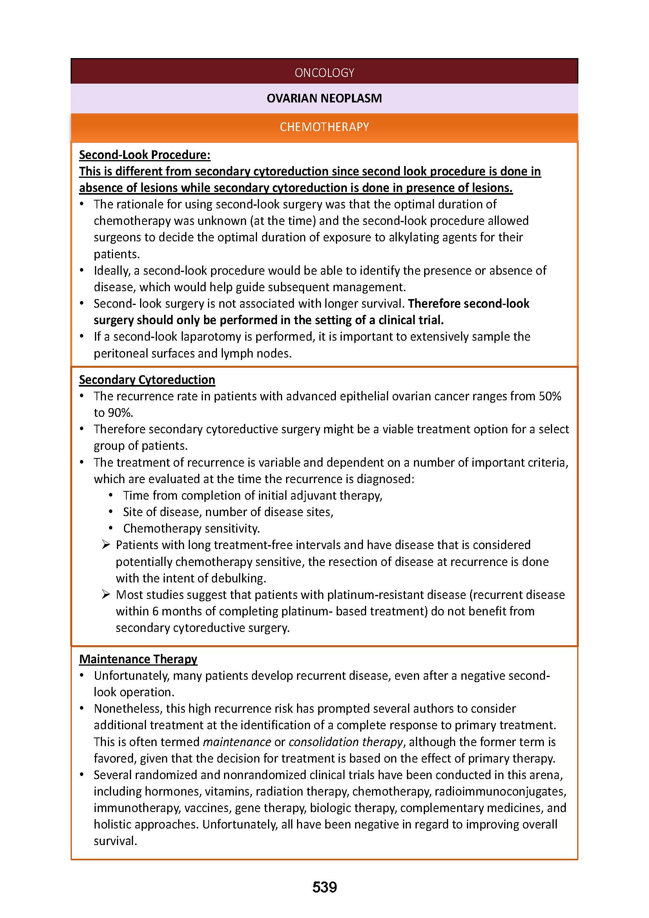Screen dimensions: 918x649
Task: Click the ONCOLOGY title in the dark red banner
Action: click(x=324, y=72)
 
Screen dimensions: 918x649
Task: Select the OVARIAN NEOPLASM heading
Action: click(x=324, y=98)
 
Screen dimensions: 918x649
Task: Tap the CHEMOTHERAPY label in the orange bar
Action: click(x=324, y=127)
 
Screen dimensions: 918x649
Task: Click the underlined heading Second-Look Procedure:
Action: click(x=144, y=155)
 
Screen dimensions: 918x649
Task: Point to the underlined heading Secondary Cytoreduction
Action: click(x=147, y=380)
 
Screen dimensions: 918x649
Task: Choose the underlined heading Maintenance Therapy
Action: click(x=138, y=659)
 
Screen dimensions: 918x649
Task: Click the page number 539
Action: click(x=324, y=887)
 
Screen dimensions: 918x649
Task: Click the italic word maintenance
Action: click(x=237, y=742)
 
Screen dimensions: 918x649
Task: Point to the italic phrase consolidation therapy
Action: click(x=345, y=742)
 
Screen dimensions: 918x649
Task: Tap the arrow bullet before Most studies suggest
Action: click(x=106, y=594)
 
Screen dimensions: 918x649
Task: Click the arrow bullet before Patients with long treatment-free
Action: click(x=106, y=545)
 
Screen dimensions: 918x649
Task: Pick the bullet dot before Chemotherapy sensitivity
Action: click(x=111, y=529)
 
